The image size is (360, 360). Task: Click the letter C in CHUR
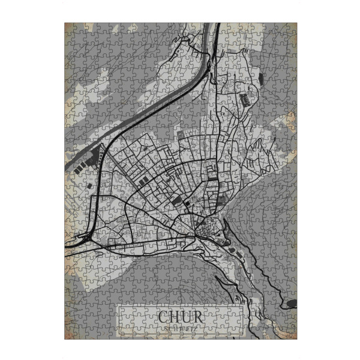[x=164, y=316]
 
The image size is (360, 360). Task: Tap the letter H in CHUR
[x=176, y=316]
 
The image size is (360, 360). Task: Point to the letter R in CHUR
[x=200, y=316]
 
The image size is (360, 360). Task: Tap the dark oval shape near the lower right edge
[x=292, y=304]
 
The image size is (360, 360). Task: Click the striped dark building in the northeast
[x=245, y=98]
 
